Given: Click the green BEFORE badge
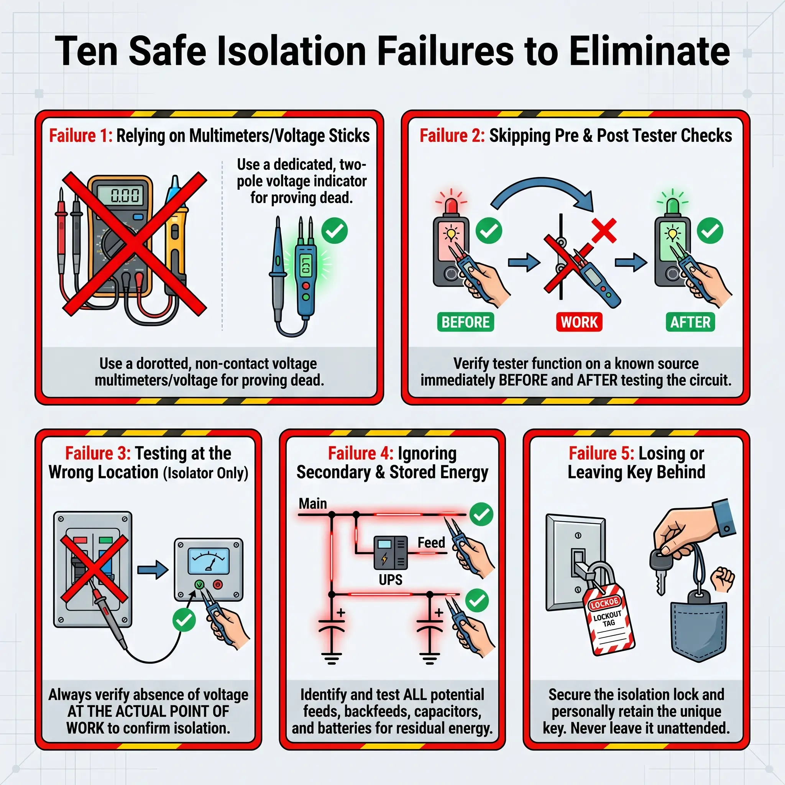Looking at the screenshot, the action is (x=466, y=322).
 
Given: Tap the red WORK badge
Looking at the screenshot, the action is (x=579, y=322).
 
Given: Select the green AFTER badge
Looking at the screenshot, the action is (x=690, y=322).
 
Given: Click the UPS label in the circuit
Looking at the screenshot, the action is (x=391, y=580).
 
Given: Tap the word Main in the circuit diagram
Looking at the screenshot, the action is (x=312, y=504).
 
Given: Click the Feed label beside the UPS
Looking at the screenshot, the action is (x=431, y=542).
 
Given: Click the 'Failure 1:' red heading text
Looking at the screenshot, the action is (x=80, y=136).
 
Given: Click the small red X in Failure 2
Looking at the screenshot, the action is (x=604, y=230).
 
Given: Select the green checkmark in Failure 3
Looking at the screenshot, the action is (x=184, y=620).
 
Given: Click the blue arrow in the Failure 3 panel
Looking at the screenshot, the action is (x=153, y=570).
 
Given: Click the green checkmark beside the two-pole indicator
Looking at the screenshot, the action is (x=334, y=230).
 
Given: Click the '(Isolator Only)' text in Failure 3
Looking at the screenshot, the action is (x=205, y=473).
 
